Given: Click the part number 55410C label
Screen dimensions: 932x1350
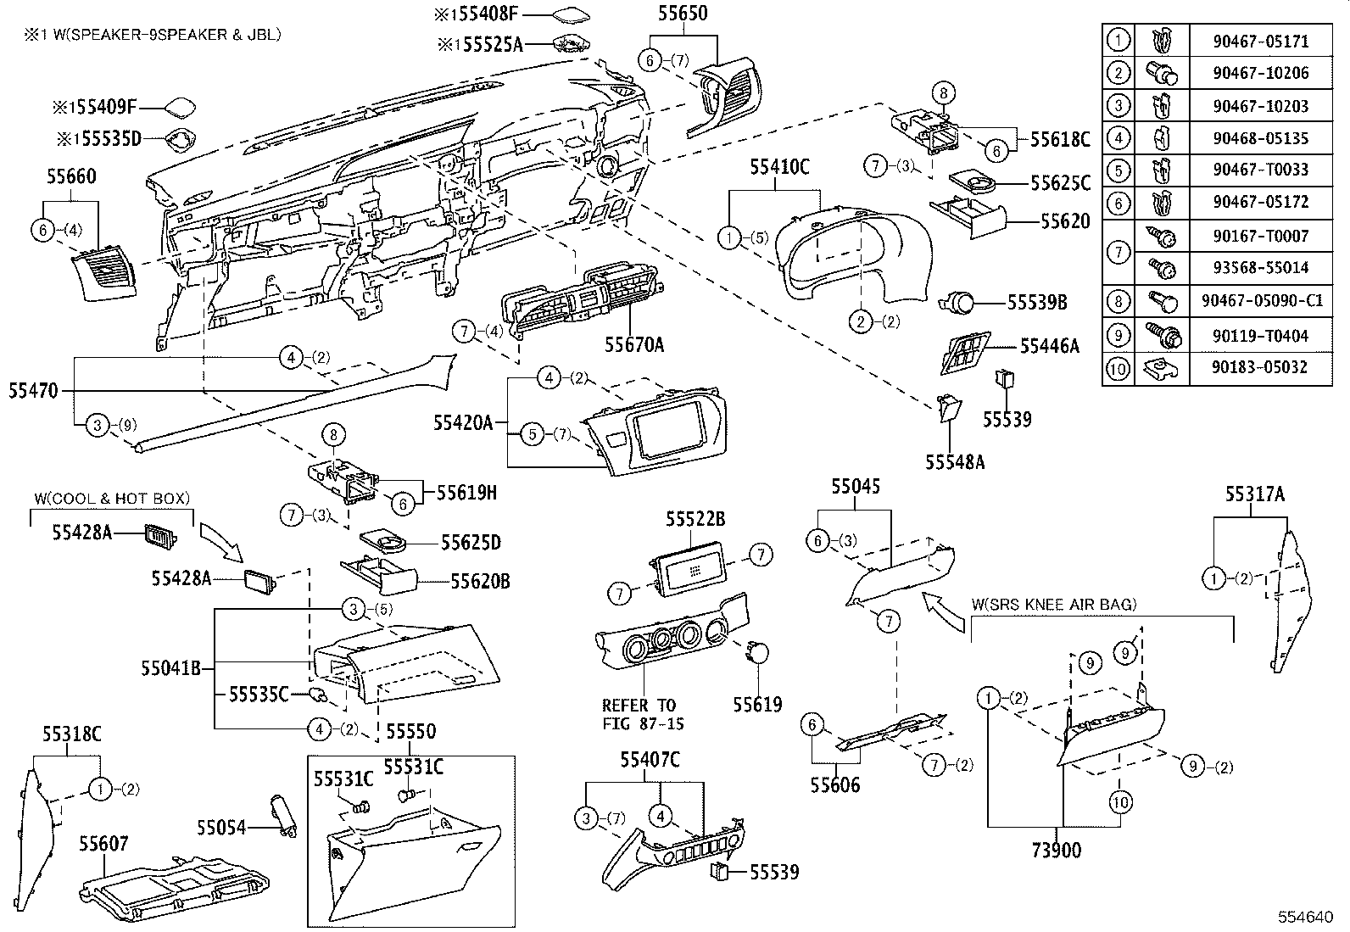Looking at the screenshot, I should (x=778, y=168).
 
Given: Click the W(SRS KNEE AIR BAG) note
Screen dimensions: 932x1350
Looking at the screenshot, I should (x=1054, y=605).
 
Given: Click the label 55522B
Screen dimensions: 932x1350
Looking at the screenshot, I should (x=695, y=519).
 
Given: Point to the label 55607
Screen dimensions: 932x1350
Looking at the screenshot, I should (x=103, y=844).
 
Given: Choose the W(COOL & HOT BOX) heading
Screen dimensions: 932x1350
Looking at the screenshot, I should (x=111, y=499).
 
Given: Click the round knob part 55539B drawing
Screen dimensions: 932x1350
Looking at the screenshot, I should (x=958, y=302).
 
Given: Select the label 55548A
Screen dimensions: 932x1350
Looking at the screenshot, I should (x=954, y=462).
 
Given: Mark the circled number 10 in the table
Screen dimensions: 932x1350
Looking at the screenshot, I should (x=1118, y=368).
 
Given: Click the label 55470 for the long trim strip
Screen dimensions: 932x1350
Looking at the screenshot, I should (x=33, y=391).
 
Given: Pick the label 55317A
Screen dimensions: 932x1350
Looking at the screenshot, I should (x=1254, y=494).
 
